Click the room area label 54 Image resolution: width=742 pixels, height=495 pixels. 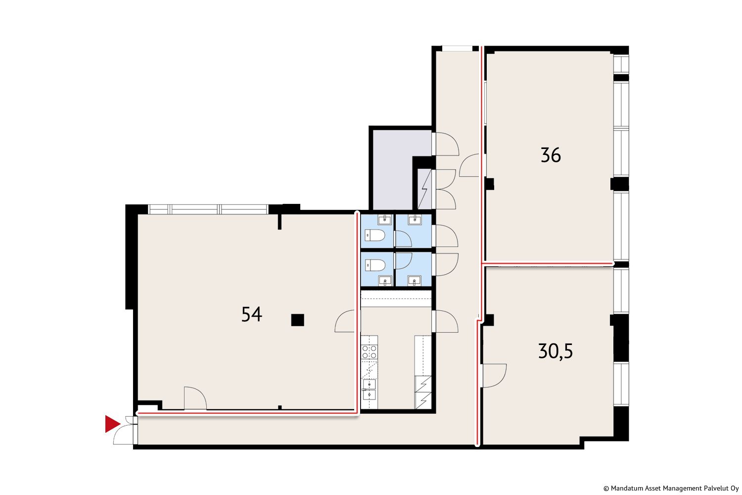point(252,314)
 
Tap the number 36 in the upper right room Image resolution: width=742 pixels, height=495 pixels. point(551,155)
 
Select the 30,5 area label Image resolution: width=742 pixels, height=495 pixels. point(556,351)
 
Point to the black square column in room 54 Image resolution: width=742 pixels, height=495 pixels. point(297,320)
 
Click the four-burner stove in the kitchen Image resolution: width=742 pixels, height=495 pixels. point(369,351)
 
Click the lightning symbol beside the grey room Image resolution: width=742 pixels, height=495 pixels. point(424,190)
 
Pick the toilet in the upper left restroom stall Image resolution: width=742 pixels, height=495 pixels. point(375,236)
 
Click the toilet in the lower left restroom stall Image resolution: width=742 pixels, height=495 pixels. point(375,265)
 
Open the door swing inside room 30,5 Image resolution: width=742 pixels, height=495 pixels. point(494,375)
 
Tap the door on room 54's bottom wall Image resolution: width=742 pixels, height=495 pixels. point(195,398)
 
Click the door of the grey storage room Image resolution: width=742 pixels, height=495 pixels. point(447,144)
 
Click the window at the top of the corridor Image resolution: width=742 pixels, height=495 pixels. point(457,49)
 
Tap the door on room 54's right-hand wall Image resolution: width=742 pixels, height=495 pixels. point(346,321)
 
